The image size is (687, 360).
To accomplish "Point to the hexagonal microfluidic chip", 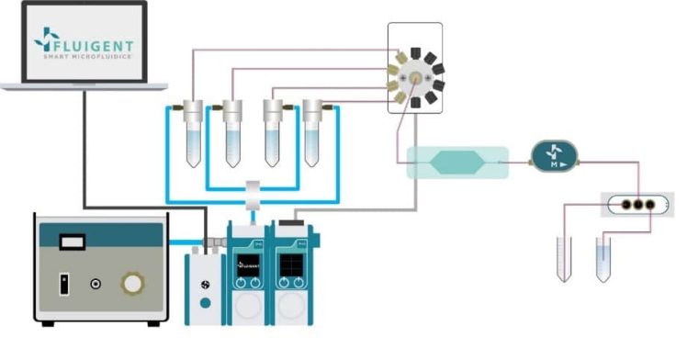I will pyautogui.click(x=456, y=163).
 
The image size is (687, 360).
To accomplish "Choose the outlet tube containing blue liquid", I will pyautogui.click(x=603, y=258).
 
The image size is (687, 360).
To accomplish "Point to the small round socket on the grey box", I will pyautogui.click(x=95, y=284).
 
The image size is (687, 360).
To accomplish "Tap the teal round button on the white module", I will pyautogui.click(x=207, y=302).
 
